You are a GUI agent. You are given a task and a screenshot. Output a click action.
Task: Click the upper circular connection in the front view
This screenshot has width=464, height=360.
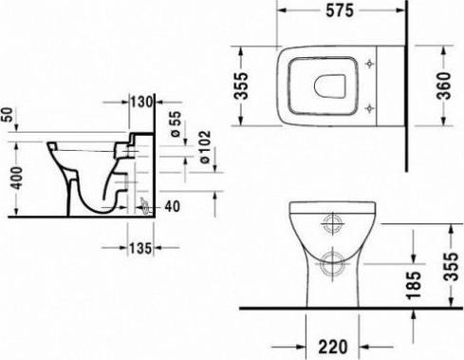point(334,225)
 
